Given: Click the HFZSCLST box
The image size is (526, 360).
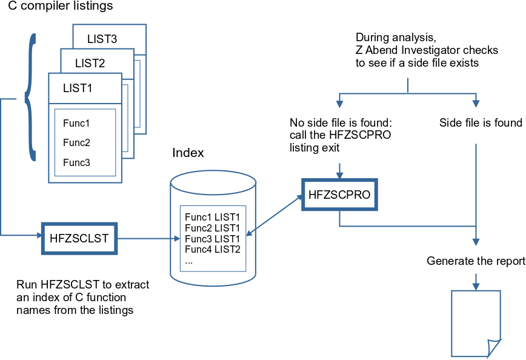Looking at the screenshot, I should (79, 238).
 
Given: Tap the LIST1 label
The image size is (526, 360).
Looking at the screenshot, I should (78, 88).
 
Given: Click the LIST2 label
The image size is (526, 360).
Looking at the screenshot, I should (90, 63).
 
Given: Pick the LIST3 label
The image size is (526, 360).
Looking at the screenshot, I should (102, 39).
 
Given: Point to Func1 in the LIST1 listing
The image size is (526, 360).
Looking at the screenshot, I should (76, 124).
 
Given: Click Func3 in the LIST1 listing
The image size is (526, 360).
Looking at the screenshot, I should (76, 162).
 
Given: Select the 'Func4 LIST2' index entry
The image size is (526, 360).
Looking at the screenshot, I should (213, 249).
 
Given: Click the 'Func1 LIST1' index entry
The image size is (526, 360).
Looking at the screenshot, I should (213, 216).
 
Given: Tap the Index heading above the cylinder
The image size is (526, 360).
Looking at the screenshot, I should (188, 153).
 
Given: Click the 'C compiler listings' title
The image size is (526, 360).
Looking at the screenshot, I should (60, 7).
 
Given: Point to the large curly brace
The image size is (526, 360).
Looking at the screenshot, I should (30, 97).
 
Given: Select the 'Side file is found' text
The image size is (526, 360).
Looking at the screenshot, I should (481, 123).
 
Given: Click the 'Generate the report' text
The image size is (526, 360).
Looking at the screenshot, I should (476, 261).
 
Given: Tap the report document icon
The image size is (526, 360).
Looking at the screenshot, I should (476, 322).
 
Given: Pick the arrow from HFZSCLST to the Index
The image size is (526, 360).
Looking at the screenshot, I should (145, 238).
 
